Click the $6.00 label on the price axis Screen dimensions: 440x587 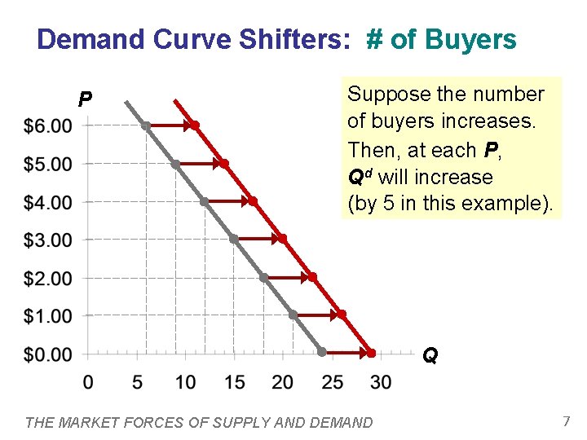click(48, 126)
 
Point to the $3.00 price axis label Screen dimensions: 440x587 click(48, 240)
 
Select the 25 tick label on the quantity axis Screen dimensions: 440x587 click(332, 382)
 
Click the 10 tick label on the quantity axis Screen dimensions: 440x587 click(185, 382)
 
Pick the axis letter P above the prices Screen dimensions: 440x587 click(84, 100)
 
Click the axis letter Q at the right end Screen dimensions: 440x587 click(430, 356)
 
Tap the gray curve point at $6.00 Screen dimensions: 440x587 click(146, 125)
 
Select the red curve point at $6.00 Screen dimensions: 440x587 click(195, 125)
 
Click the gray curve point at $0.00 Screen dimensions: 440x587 click(322, 353)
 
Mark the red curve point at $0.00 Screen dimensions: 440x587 click(371, 353)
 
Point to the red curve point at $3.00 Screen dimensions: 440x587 click(282, 239)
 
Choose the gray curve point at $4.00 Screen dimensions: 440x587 click(204, 201)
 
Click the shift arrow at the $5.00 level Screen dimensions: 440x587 click(199, 164)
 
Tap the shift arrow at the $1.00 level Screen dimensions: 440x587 click(316, 315)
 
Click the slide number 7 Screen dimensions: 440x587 click(565, 421)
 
